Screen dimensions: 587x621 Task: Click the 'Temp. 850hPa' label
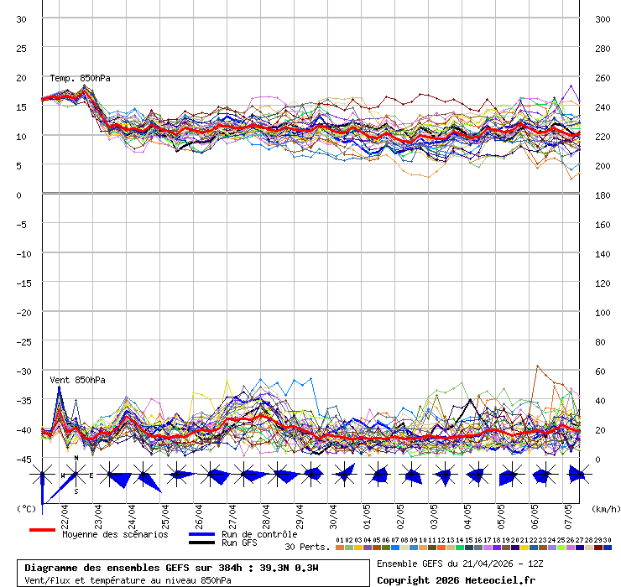point(80,78)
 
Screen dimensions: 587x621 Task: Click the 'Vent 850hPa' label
point(77,380)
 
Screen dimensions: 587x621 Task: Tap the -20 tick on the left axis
point(23,313)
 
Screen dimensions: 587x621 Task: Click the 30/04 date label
point(334,512)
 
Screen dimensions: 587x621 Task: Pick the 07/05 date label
point(568,512)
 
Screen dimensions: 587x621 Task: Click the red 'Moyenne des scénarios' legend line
point(42,530)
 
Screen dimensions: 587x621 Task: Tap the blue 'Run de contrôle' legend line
point(201,534)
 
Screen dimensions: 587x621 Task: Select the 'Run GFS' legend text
point(239,543)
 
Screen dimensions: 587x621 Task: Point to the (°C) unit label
point(26,508)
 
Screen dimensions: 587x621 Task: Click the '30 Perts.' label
point(307,547)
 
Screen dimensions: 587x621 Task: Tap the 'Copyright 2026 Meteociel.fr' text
point(456,580)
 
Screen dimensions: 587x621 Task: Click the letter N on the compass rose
point(76,458)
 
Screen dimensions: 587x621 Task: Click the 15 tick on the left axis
point(22,107)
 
